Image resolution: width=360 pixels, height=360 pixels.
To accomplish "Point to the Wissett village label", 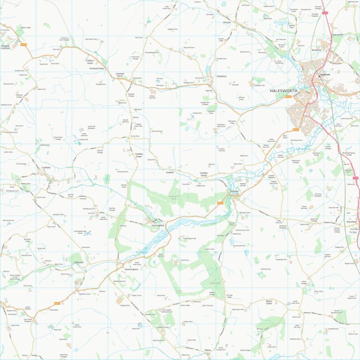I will pos(227,23).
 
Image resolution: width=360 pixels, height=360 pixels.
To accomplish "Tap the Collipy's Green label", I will pos(93,61).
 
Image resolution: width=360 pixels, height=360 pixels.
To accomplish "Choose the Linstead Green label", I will pos(97,69).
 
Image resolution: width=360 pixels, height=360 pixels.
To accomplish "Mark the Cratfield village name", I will pos(46,167).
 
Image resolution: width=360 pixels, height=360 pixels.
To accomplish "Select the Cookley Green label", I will pos(139,155).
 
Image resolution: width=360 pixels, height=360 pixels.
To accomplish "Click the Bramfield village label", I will pos(352,222).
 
